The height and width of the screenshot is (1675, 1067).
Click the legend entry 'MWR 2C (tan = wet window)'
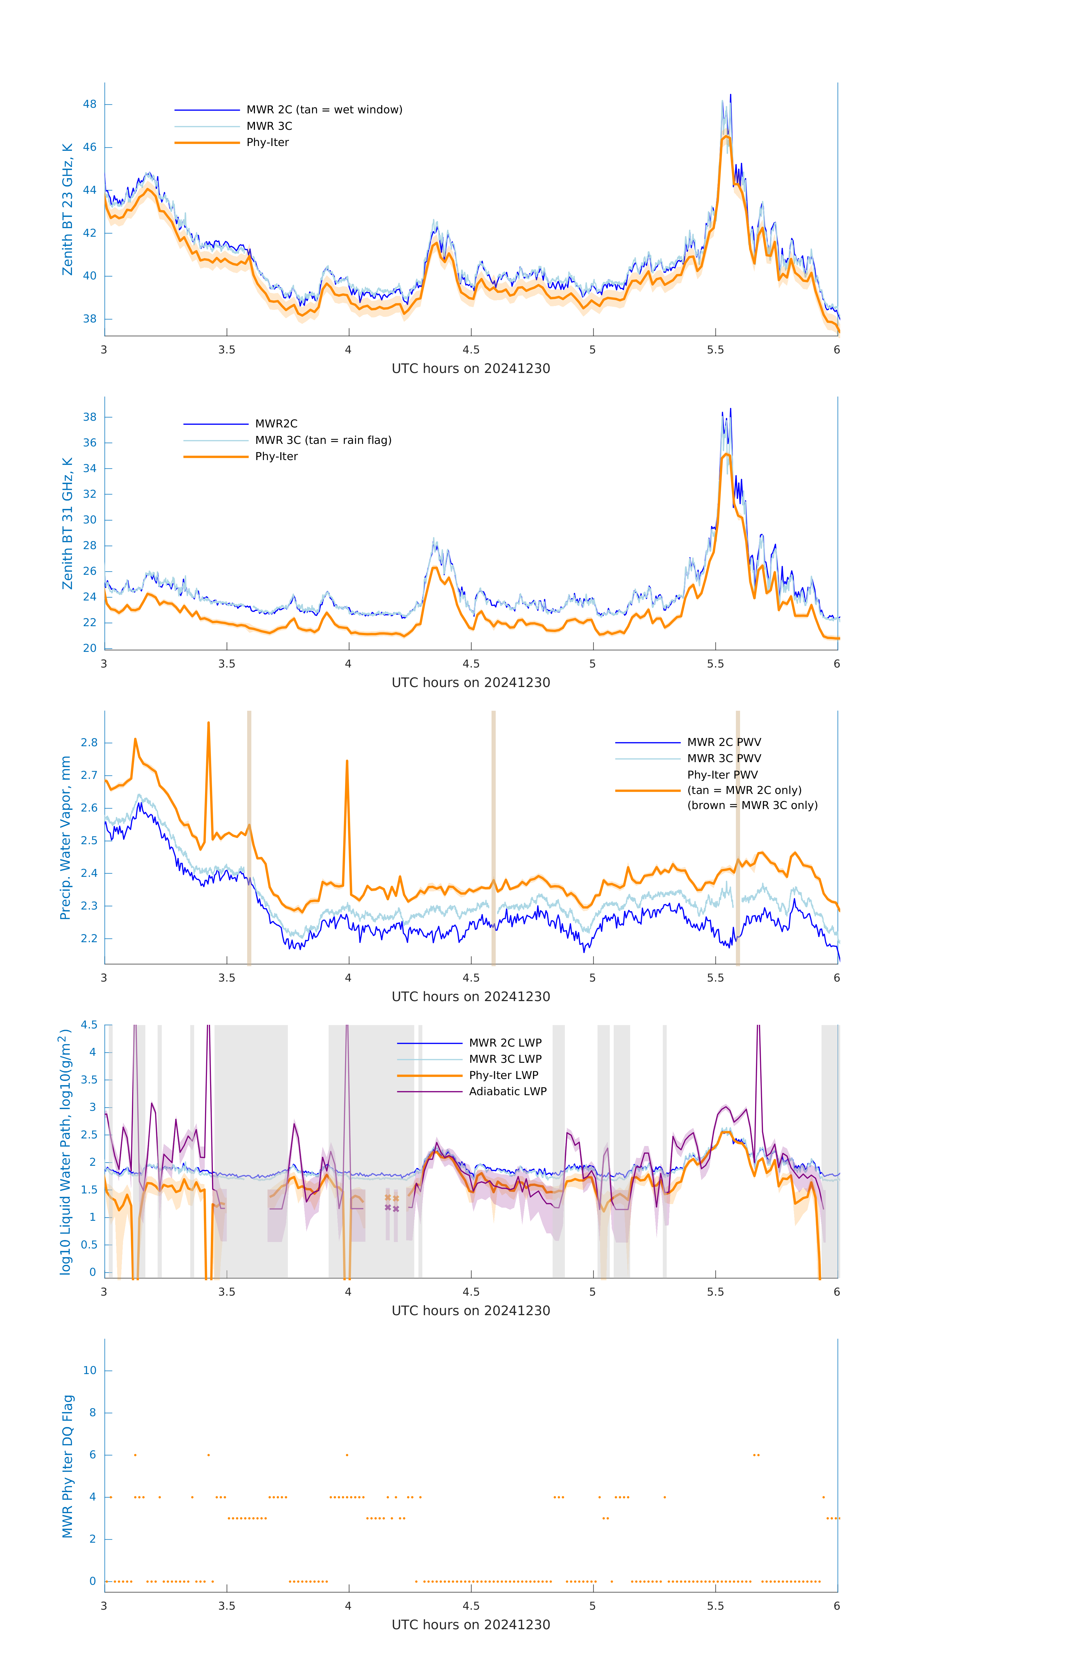[x=324, y=110]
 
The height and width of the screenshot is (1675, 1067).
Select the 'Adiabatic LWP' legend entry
[x=507, y=1091]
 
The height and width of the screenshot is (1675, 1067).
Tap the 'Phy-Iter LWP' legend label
[x=503, y=1075]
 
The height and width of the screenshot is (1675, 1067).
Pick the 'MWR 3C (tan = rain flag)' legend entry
[x=323, y=440]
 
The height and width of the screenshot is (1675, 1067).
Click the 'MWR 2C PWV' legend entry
[x=724, y=742]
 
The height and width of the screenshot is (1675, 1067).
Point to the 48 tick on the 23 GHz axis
[x=90, y=104]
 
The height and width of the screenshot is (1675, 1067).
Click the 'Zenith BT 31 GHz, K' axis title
[x=68, y=523]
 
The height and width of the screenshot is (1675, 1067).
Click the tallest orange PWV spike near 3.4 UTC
[x=209, y=723]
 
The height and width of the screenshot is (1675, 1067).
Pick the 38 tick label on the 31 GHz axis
[x=90, y=417]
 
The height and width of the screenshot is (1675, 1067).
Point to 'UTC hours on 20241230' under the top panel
[x=471, y=369]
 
